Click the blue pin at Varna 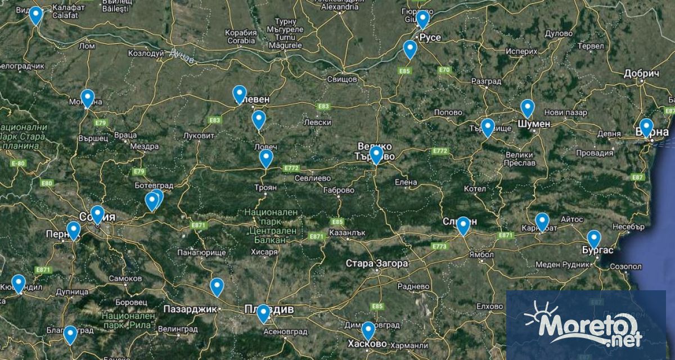click(646, 127)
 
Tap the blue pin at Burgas click(593, 238)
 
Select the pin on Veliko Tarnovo click(376, 154)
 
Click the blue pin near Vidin click(36, 15)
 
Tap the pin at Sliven click(463, 225)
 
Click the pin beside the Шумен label click(527, 107)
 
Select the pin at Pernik click(74, 230)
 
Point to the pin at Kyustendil click(19, 283)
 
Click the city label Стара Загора click(376, 263)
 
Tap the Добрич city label click(641, 74)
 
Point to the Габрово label click(339, 191)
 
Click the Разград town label click(486, 82)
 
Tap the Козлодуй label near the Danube click(147, 53)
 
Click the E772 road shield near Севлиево click(291, 168)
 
